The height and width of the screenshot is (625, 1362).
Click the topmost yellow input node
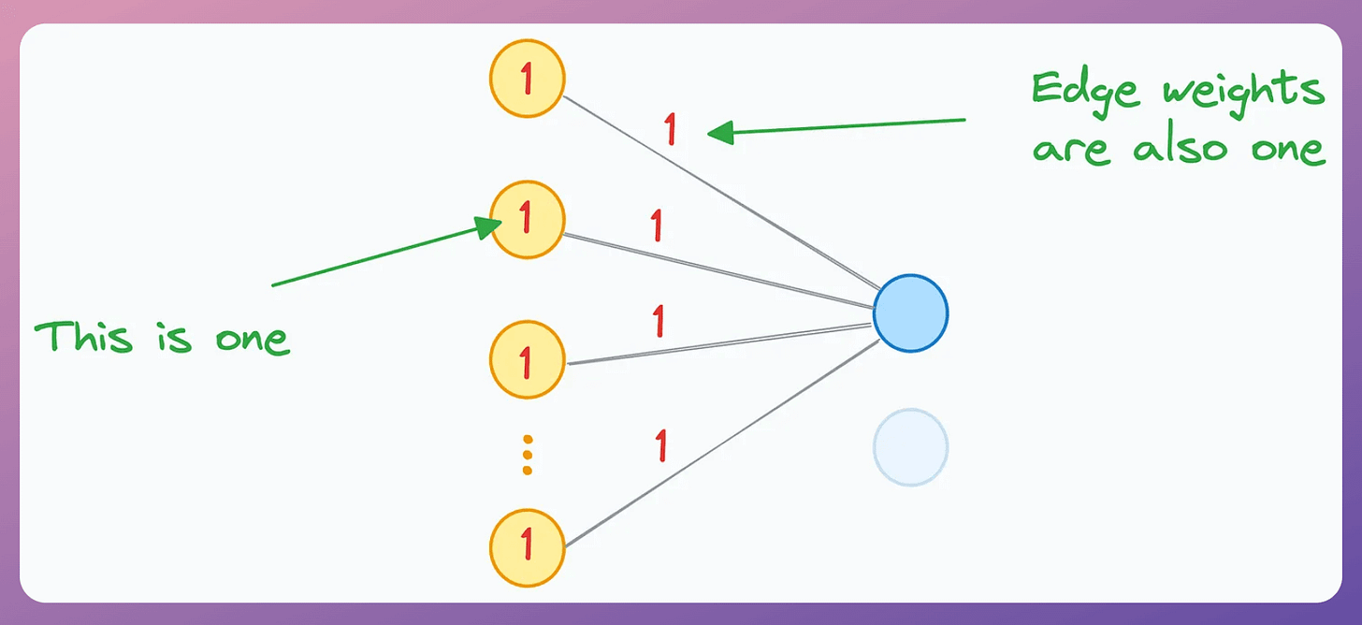click(x=527, y=79)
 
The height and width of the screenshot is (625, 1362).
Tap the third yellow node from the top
click(x=527, y=359)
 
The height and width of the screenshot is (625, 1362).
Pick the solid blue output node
click(x=910, y=312)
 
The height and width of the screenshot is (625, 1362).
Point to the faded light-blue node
click(x=910, y=447)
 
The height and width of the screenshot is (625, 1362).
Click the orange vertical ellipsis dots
click(x=527, y=454)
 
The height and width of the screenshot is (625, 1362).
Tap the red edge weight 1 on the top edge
click(x=670, y=129)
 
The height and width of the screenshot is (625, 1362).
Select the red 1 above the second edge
click(x=657, y=225)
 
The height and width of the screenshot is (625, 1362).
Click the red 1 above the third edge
click(x=659, y=321)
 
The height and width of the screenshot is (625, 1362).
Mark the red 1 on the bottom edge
click(x=661, y=445)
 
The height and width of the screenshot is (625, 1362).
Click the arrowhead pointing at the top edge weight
click(x=719, y=134)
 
